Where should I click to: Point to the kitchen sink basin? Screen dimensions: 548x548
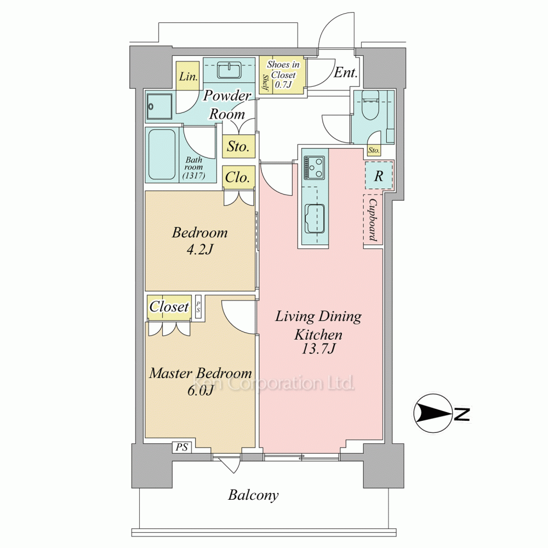pyautogui.click(x=315, y=219)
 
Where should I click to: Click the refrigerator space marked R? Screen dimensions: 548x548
pyautogui.click(x=379, y=175)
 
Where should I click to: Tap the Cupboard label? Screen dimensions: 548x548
pyautogui.click(x=373, y=220)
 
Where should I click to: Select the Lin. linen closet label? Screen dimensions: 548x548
pyautogui.click(x=189, y=77)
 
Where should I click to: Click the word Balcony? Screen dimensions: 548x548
pyautogui.click(x=253, y=495)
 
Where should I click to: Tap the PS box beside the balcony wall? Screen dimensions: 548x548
pyautogui.click(x=182, y=447)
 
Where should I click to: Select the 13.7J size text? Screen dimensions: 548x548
pyautogui.click(x=318, y=349)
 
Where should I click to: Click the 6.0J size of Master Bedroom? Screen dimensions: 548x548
pyautogui.click(x=201, y=390)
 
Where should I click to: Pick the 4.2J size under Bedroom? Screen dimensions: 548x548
pyautogui.click(x=199, y=249)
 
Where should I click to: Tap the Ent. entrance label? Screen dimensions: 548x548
pyautogui.click(x=346, y=72)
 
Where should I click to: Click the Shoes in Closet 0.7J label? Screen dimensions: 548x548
pyautogui.click(x=283, y=75)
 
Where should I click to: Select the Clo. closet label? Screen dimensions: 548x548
pyautogui.click(x=238, y=178)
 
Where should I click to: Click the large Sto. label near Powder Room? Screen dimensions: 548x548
pyautogui.click(x=238, y=146)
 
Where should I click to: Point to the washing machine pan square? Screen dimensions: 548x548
pyautogui.click(x=159, y=107)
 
